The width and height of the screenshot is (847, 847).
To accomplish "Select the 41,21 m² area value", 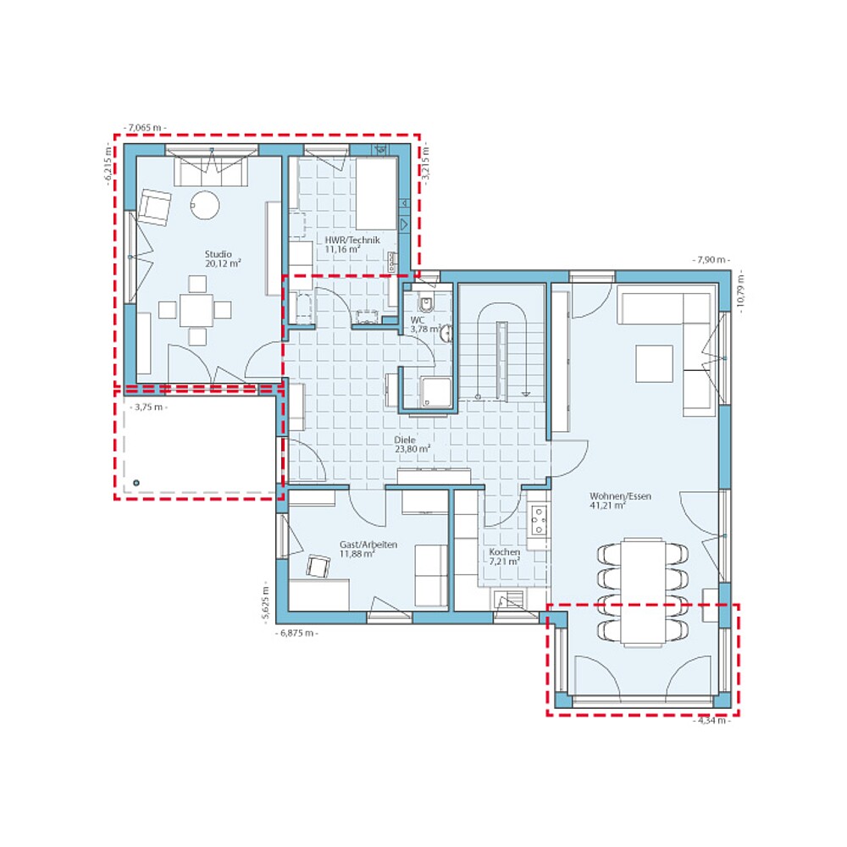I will (607, 506).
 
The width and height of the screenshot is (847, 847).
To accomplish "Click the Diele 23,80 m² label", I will (412, 446).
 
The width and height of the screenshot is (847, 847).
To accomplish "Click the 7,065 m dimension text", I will (145, 126).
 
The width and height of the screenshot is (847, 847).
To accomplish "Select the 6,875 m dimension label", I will (296, 633).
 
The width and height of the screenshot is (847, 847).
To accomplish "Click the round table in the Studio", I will (204, 204).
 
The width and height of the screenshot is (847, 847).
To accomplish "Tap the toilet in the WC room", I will (426, 305).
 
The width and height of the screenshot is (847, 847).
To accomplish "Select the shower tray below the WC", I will (437, 391).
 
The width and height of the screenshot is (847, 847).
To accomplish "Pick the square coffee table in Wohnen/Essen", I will (655, 363).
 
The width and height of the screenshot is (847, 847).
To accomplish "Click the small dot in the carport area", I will (136, 484).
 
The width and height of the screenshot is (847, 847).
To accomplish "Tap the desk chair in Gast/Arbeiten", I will (318, 566).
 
